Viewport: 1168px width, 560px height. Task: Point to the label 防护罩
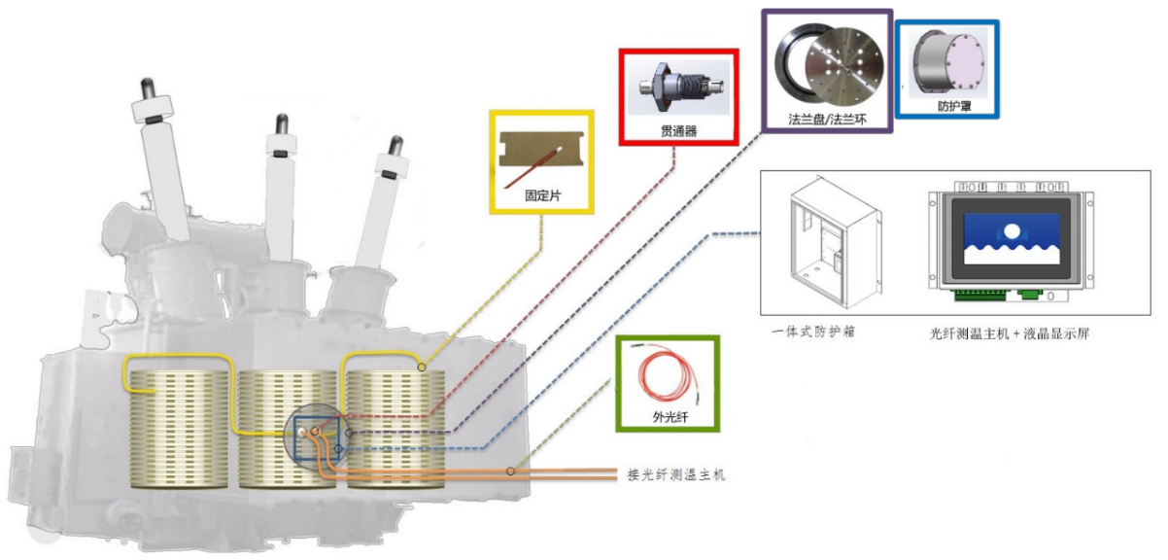[945, 104]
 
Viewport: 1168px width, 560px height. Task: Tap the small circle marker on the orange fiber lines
[511, 472]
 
